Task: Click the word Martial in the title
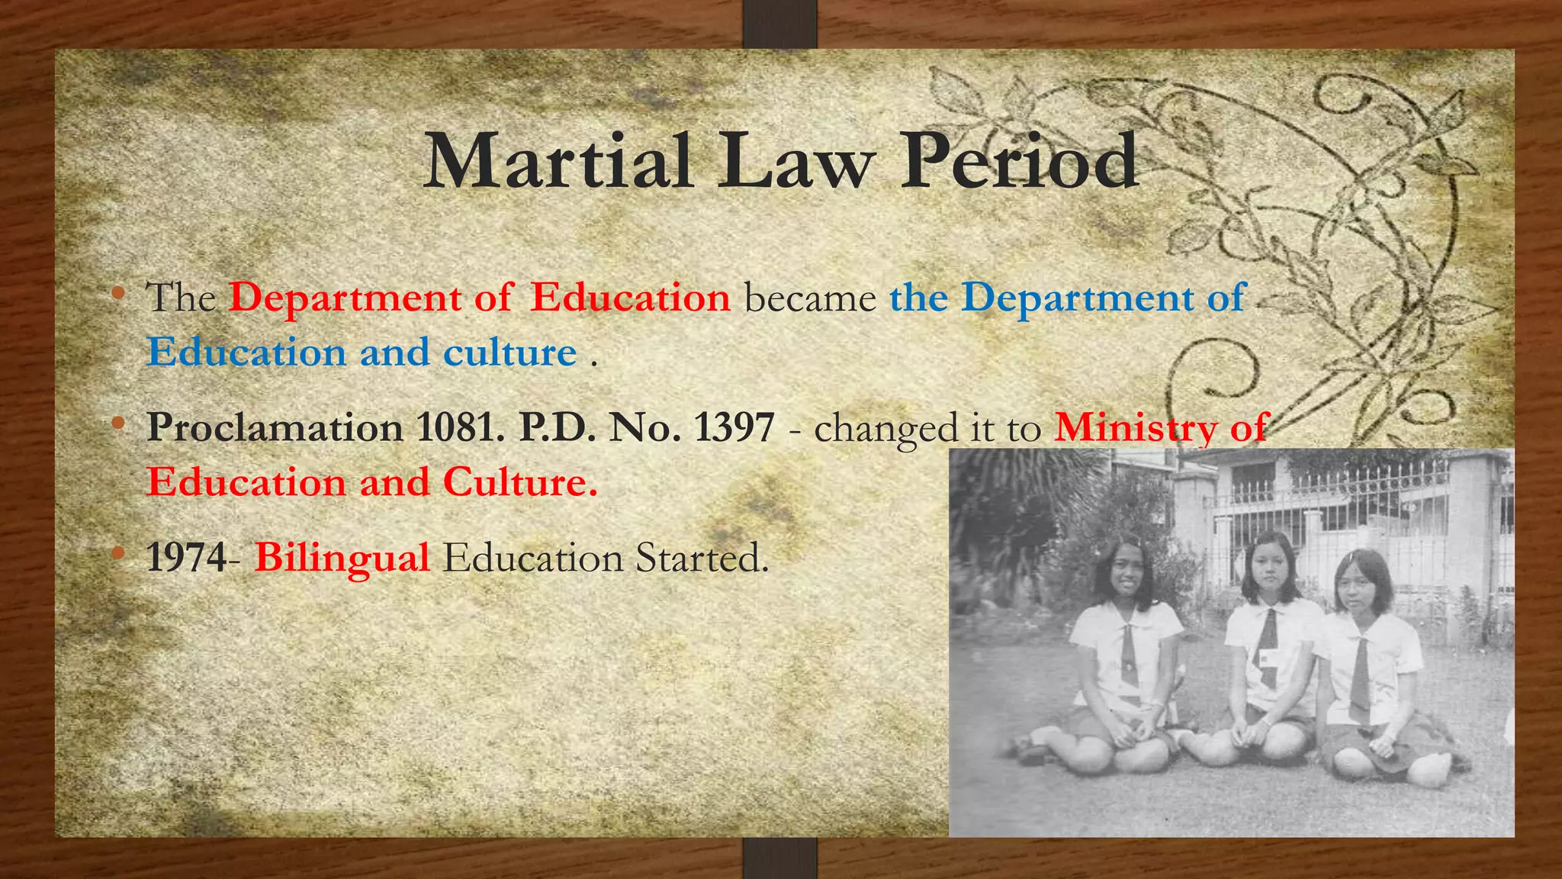coord(558,162)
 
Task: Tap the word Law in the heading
coord(796,162)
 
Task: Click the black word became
coord(810,298)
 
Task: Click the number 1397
coord(734,427)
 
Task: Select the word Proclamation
coord(275,427)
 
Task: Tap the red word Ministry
coord(1136,427)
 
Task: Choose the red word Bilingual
coord(342,558)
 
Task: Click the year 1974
coord(186,558)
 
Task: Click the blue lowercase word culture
coord(509,353)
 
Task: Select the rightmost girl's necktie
coord(1360,671)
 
